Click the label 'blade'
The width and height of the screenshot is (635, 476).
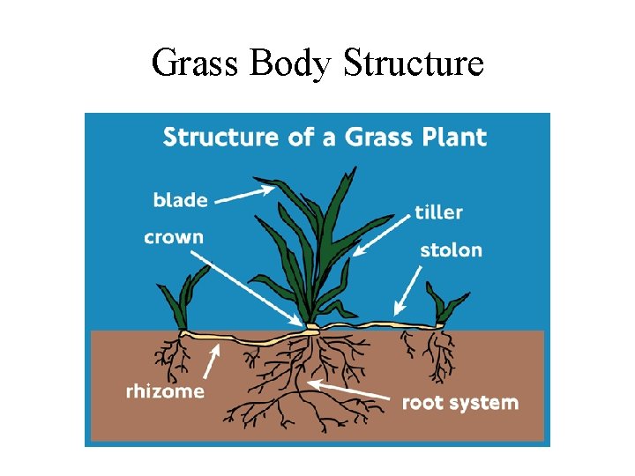[x=180, y=200]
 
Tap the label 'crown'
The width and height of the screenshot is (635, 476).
[x=174, y=237]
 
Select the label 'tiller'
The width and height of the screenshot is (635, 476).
[x=438, y=212]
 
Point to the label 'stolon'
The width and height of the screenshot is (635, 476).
[x=451, y=249]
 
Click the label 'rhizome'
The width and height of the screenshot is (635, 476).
[x=165, y=391]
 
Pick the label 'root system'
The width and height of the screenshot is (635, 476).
[x=459, y=403]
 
